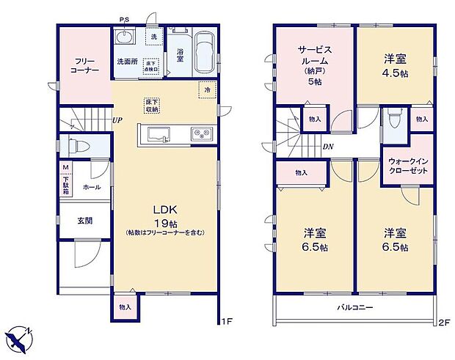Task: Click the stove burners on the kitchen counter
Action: [200, 133]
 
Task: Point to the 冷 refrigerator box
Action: [208, 89]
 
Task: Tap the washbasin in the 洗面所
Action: [124, 38]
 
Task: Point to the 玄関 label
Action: [85, 221]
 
